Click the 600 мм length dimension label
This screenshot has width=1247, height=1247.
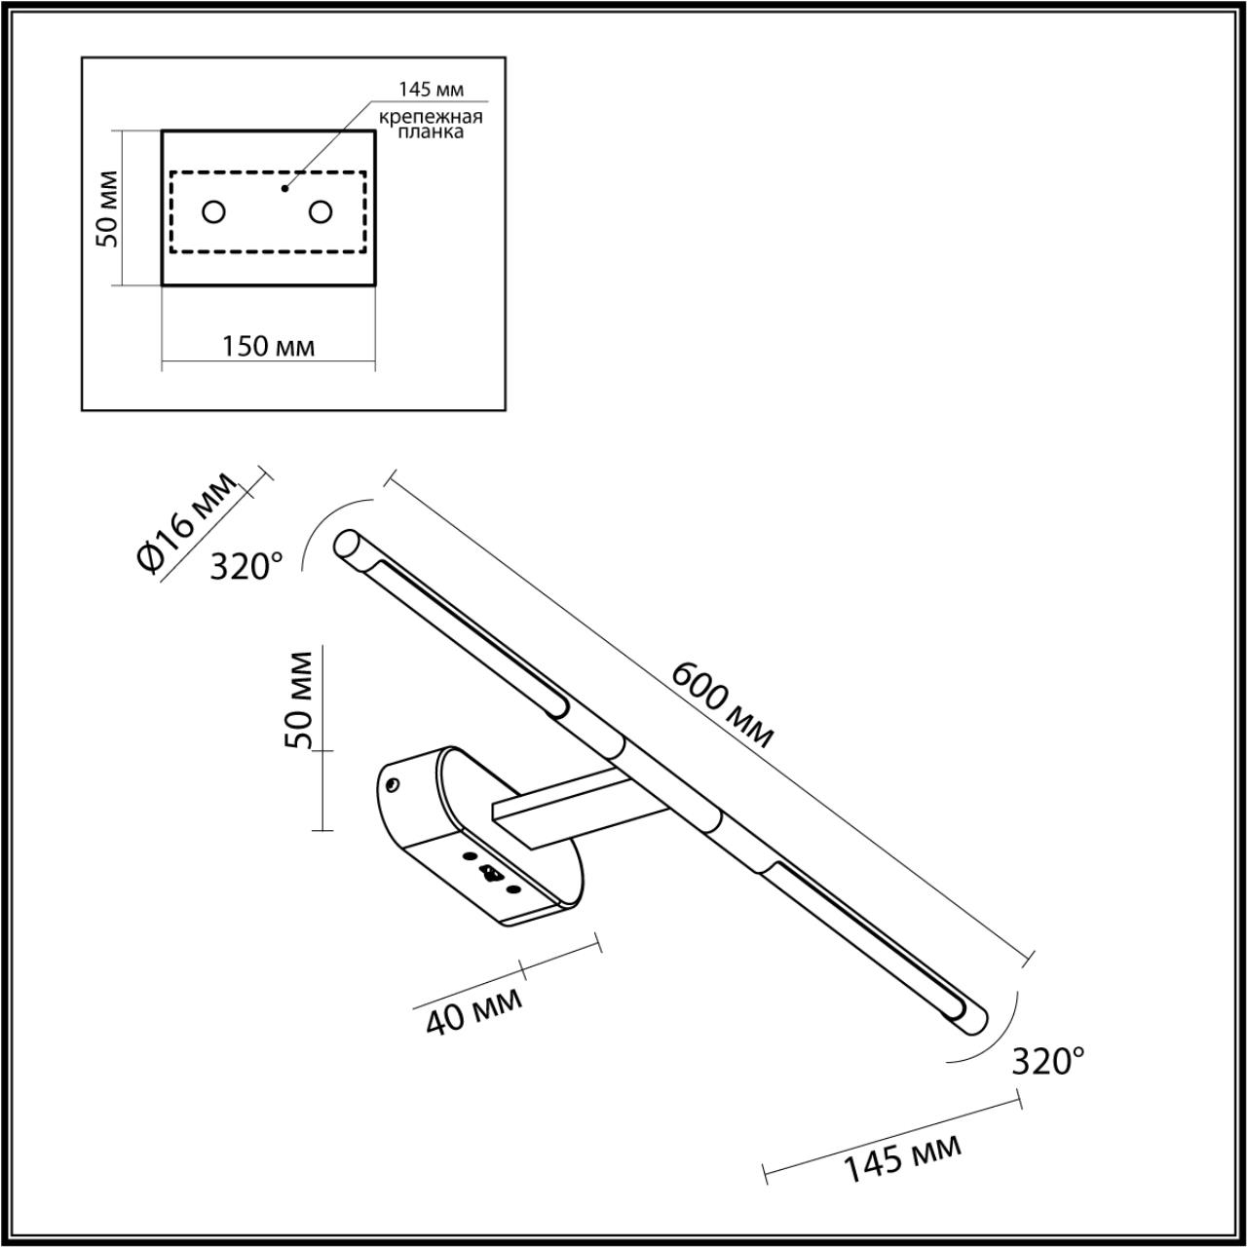click(723, 704)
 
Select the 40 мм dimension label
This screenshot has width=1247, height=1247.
click(474, 1010)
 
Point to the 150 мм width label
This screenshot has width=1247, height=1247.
click(269, 346)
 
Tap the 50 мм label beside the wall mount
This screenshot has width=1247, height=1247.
click(301, 699)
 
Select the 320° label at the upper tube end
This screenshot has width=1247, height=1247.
click(246, 566)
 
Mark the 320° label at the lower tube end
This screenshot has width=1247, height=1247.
click(1047, 1060)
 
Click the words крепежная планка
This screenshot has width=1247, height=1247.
click(431, 125)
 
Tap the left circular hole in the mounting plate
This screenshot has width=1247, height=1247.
click(213, 211)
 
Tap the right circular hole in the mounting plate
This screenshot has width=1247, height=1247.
click(320, 211)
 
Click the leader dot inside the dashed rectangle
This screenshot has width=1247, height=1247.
click(284, 187)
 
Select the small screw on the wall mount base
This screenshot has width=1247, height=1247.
click(393, 784)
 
